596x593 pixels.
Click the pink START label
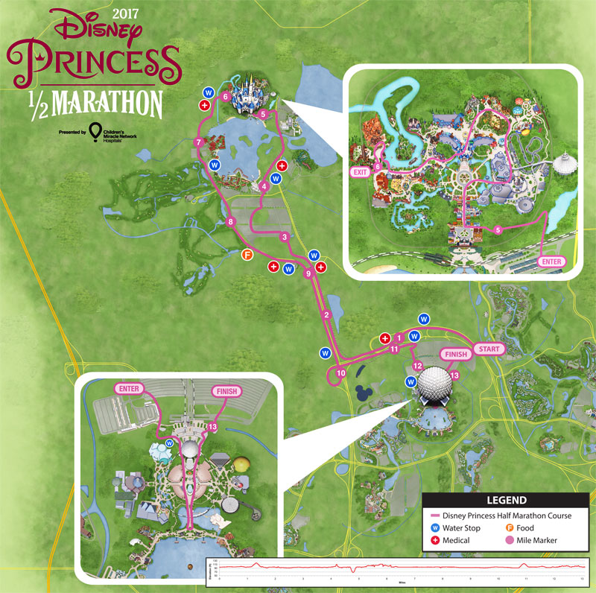tap(489, 349)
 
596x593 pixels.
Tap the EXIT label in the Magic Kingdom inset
tap(361, 171)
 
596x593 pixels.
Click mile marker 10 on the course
tap(341, 372)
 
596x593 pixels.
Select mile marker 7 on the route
tap(198, 142)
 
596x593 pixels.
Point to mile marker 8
tap(231, 221)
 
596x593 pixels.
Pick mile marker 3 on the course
tap(284, 237)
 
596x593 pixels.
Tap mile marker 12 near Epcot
tap(417, 366)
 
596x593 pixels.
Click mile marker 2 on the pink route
tap(326, 315)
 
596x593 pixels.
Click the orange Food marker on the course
tap(247, 255)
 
